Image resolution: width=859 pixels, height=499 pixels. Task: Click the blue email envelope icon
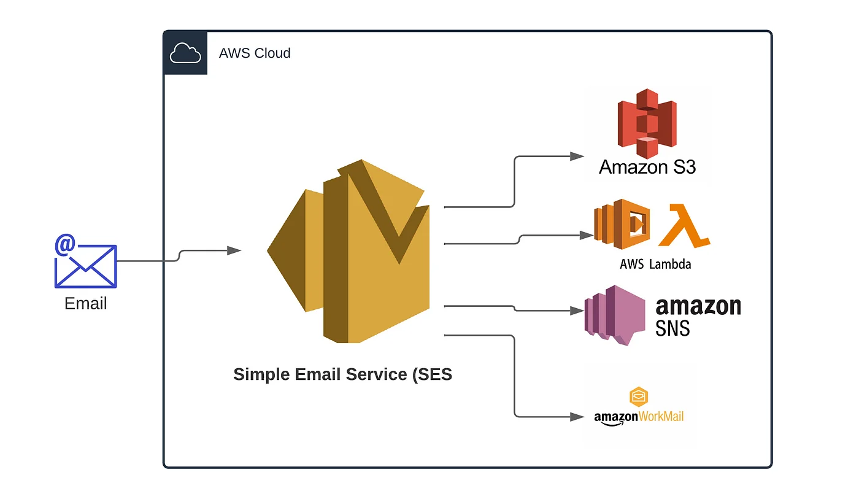85,265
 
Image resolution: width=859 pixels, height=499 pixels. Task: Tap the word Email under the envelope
85,303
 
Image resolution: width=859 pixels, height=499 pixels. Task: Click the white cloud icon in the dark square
185,53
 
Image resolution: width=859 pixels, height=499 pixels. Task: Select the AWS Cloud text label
255,53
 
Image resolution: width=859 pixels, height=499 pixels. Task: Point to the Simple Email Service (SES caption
342,374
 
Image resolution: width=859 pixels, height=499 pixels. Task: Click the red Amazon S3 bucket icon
646,123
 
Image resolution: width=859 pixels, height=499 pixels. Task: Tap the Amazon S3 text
647,167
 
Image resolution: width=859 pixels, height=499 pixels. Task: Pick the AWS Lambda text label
655,265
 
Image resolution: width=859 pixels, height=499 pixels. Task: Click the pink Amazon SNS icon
614,314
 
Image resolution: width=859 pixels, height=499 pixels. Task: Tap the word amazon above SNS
698,306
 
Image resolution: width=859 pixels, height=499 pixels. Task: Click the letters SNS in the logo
673,328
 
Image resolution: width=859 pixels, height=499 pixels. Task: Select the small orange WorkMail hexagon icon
639,396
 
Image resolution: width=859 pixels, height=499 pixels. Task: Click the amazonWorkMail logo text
639,417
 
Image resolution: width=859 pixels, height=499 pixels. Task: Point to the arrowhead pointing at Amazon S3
577,157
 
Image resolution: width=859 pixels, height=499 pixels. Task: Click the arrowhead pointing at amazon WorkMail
577,417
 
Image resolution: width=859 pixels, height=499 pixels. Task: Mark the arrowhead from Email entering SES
234,250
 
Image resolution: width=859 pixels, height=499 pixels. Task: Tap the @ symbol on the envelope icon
65,245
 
